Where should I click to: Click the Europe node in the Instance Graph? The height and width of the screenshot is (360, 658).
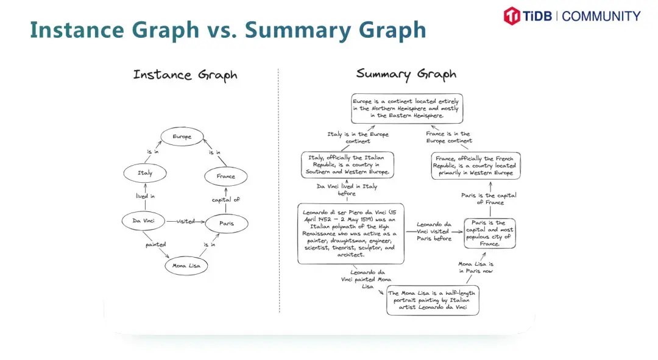182,137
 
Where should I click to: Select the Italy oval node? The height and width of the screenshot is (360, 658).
145,173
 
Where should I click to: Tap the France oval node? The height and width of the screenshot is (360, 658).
225,177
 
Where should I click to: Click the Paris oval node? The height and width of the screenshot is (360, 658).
226,224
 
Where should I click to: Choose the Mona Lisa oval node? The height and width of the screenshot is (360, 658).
186,266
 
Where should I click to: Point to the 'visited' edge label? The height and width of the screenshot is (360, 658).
186,221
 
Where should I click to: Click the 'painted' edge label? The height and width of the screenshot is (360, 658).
155,245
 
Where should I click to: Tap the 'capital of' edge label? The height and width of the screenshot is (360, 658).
226,200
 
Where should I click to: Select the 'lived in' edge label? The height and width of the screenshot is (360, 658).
145,196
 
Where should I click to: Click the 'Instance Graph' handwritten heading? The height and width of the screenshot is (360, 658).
185,76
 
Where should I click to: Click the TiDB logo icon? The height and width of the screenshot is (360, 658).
511,16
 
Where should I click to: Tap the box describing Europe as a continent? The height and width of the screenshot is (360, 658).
406,108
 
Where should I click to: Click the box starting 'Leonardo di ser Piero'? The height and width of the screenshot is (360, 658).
350,233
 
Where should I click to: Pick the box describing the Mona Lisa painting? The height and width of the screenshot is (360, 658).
433,300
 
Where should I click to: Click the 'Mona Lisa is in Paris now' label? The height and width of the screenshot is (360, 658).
476,267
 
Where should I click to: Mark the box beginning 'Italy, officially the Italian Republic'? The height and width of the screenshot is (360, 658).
347,164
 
